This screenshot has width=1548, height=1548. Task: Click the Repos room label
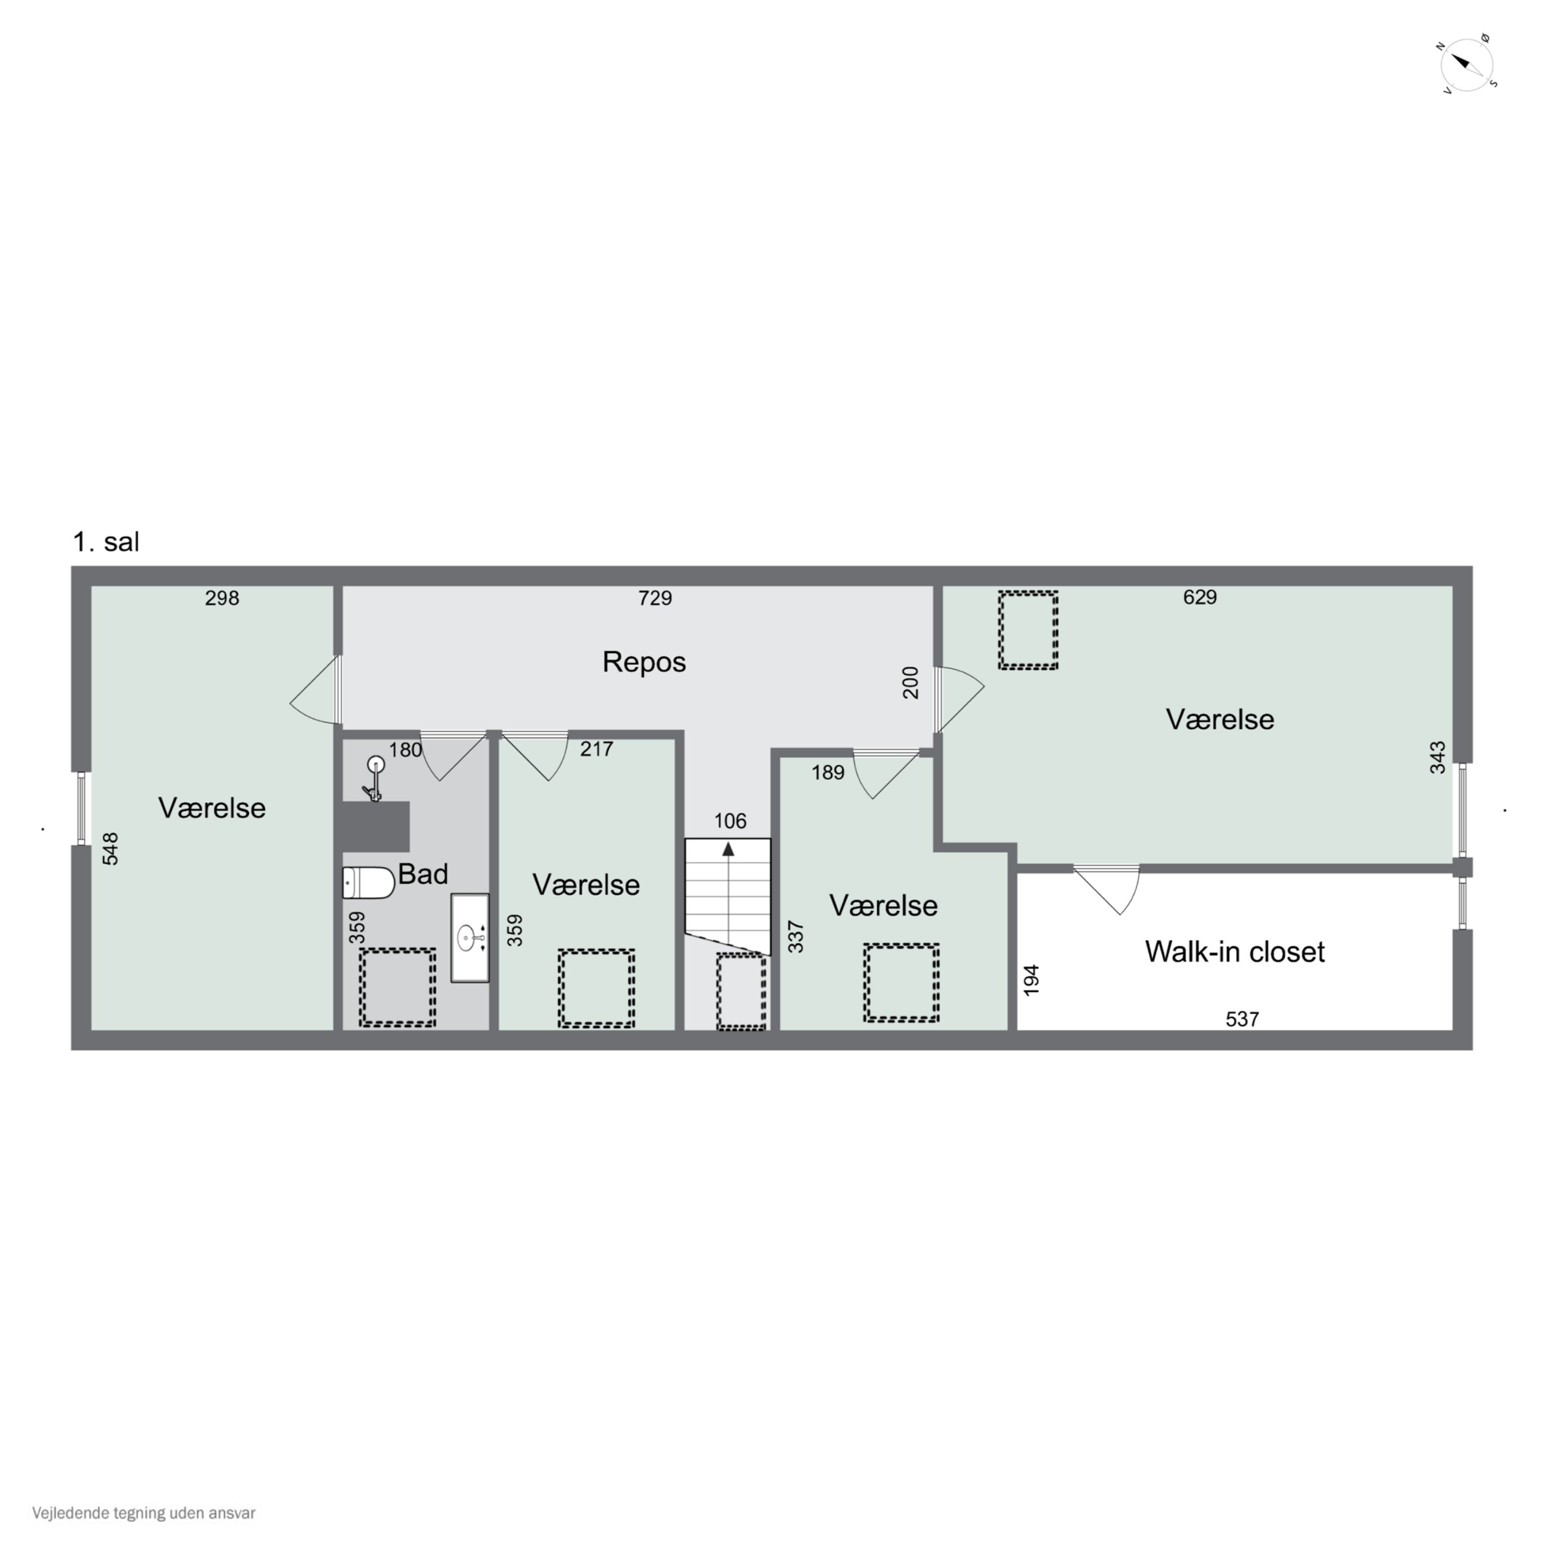(x=643, y=662)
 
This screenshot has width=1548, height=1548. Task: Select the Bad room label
(x=422, y=874)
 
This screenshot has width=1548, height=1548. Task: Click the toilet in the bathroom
(x=368, y=882)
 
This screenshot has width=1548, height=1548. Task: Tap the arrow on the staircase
(x=728, y=849)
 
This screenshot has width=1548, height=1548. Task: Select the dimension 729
(x=655, y=598)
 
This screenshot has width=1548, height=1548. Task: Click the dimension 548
(x=110, y=848)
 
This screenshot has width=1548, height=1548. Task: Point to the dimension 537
(x=1242, y=1019)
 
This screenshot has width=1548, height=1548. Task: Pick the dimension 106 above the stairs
(x=730, y=820)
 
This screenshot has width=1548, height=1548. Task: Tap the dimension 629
(x=1200, y=597)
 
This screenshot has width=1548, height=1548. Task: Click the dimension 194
(x=1031, y=980)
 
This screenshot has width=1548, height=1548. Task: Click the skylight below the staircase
(x=740, y=992)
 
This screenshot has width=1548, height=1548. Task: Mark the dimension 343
(x=1438, y=757)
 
